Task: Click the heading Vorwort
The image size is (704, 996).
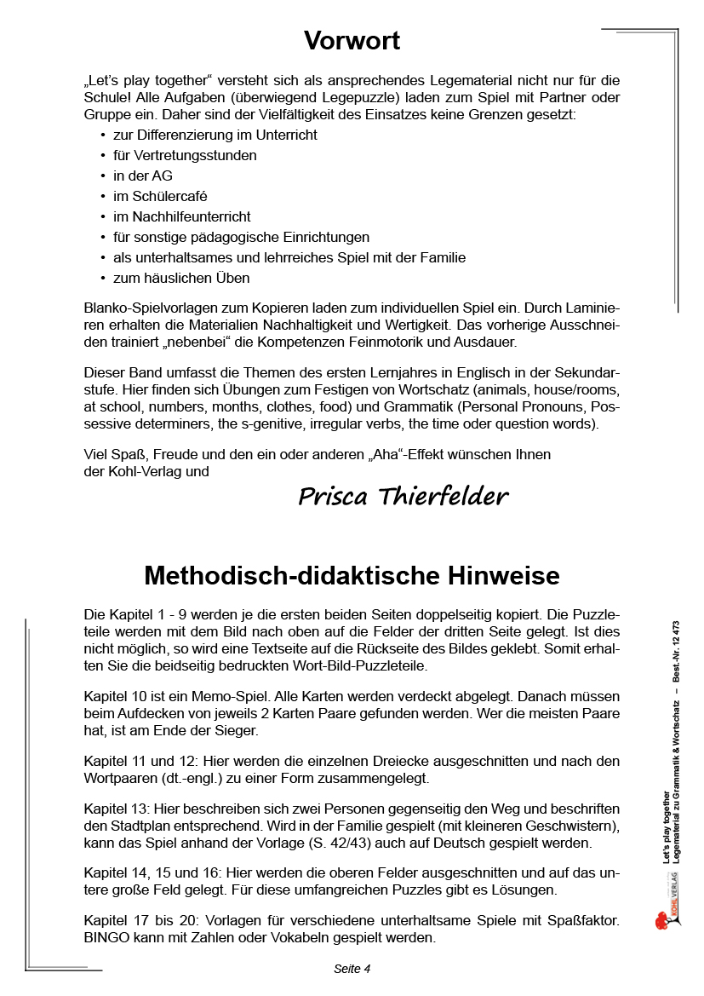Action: (352, 40)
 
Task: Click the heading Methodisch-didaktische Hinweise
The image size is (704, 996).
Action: (352, 576)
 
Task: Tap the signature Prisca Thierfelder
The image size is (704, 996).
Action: (404, 496)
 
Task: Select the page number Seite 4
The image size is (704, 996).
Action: (352, 968)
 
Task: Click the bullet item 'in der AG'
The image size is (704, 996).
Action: (142, 176)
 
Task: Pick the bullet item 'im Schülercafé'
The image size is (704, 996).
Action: (160, 196)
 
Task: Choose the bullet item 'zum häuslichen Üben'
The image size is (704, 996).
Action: (181, 278)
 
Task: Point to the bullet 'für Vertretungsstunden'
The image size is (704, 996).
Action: (185, 155)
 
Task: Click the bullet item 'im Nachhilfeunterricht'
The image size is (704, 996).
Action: (181, 216)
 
